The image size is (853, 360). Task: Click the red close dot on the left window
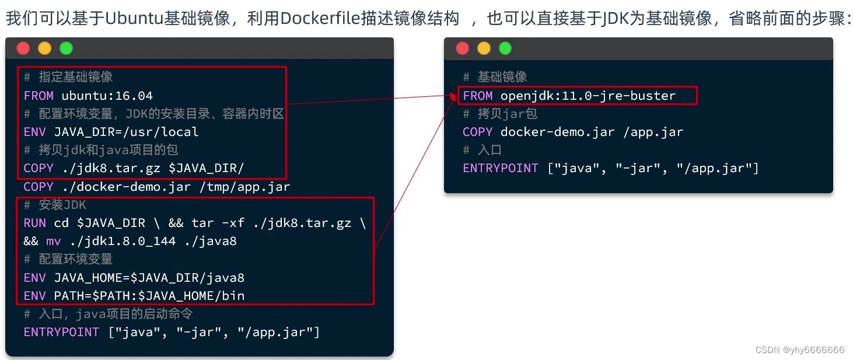click(23, 48)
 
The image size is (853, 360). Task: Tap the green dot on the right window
click(505, 48)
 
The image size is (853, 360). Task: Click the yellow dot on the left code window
click(45, 48)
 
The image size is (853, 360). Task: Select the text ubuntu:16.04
click(107, 96)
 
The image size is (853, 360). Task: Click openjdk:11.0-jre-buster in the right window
click(588, 96)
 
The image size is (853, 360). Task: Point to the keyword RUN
click(35, 223)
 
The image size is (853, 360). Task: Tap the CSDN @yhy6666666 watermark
click(799, 349)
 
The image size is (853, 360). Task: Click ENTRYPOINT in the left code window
click(61, 332)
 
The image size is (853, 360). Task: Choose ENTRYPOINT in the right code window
click(501, 168)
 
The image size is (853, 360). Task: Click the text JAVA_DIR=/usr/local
click(127, 132)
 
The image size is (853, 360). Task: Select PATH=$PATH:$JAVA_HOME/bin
click(149, 295)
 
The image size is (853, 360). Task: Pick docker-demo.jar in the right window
click(558, 132)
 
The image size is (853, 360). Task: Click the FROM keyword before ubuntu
click(39, 96)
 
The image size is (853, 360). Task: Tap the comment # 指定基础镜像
click(68, 77)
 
